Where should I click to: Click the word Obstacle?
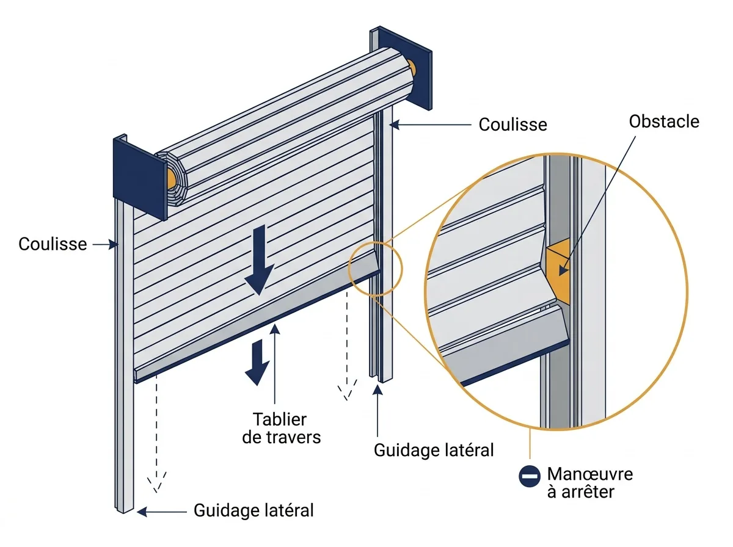pos(664,121)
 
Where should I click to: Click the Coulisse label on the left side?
pos(53,244)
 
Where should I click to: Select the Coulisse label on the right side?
pos(513,125)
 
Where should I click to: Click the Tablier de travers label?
pos(281,428)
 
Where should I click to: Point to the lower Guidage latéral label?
pos(253,510)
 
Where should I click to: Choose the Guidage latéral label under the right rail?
pos(434,450)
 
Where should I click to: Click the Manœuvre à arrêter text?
pos(589,482)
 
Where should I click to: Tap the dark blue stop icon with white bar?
pos(530,476)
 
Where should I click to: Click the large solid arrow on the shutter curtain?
pos(260,259)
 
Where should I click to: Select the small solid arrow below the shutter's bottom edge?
pos(257,363)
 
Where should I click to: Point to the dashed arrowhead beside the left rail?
pos(156,482)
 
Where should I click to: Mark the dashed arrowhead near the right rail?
pos(348,389)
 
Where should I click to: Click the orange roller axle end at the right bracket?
pos(412,69)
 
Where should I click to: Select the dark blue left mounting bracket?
pos(140,177)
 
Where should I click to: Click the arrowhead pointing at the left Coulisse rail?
pos(114,244)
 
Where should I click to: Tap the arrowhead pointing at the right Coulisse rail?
pos(395,125)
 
